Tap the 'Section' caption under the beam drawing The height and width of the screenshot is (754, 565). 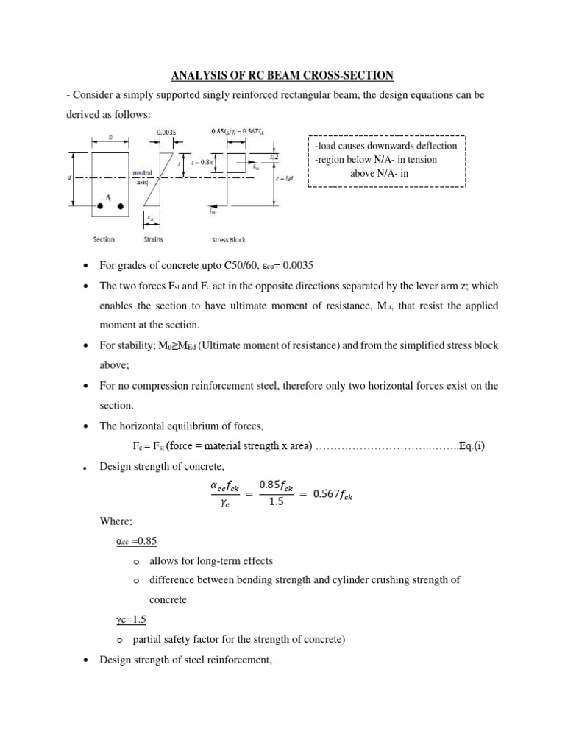pos(104,239)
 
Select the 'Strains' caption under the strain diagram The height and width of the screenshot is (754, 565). pos(154,239)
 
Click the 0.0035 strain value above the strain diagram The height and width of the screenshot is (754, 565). pos(167,133)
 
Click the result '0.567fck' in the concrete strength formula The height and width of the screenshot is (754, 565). pos(332,495)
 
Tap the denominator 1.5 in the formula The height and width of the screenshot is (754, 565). pos(277,504)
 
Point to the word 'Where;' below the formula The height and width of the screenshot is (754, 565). pos(116,522)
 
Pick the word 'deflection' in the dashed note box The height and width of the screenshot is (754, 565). pos(433,146)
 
